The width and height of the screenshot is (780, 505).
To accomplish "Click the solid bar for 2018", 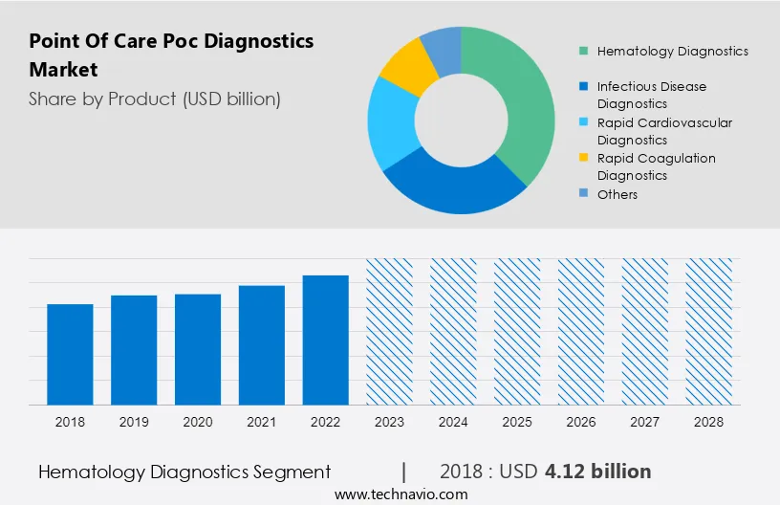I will coord(70,354).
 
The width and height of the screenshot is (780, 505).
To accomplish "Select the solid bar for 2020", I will coord(198,349).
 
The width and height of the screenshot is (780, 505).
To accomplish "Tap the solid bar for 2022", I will coord(326,340).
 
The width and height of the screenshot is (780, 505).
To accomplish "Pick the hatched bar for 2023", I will coord(390,331).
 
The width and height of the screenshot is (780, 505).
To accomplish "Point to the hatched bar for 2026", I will coord(581,331).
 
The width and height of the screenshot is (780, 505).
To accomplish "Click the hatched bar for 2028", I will coord(709,331).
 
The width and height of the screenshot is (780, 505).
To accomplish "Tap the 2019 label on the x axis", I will coord(134,421).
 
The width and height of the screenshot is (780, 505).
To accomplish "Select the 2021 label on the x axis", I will coord(262,421).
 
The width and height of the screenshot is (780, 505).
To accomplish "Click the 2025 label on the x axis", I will coord(517,421).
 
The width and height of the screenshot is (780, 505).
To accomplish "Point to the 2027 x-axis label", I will coord(645,421).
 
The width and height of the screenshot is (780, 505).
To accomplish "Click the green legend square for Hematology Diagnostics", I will coord(583,51).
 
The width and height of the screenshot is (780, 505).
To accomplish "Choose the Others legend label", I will coord(617,194).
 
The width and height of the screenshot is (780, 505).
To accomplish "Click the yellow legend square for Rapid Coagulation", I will coord(583,159).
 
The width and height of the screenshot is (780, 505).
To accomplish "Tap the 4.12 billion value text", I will coord(597,472).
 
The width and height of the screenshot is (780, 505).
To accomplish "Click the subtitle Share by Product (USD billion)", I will coord(155,99).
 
